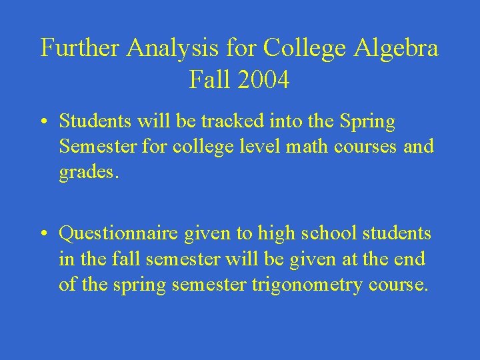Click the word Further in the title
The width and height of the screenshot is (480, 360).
[x=81, y=49]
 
